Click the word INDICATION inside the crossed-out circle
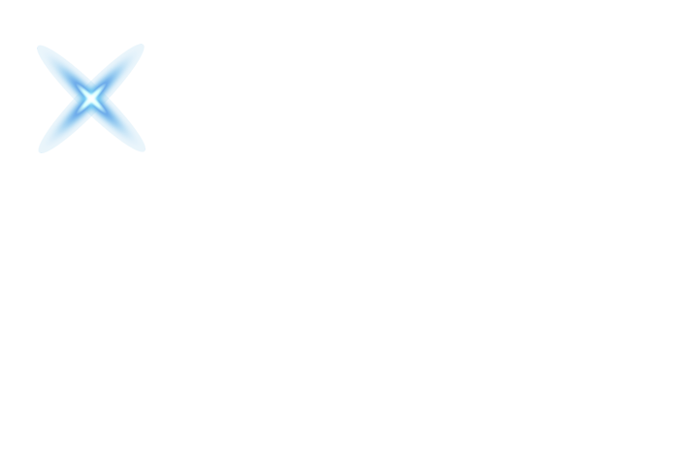(x=93, y=72)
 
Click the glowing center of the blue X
(x=91, y=98)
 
